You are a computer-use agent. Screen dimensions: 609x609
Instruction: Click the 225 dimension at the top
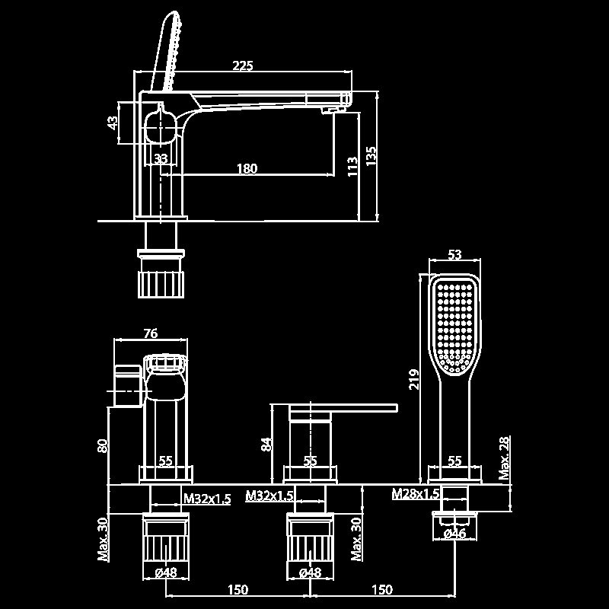tap(242, 66)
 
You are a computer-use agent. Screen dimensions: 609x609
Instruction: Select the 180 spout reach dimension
tap(247, 169)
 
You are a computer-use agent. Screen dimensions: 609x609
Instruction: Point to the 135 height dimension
tap(371, 155)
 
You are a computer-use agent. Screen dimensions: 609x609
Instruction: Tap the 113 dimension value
tap(352, 165)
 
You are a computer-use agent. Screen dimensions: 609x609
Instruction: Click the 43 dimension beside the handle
tap(113, 122)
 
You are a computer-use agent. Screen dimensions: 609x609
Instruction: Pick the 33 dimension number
tap(161, 158)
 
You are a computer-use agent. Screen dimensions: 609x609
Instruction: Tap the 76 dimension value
tap(150, 333)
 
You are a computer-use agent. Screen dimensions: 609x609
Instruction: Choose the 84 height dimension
tap(266, 444)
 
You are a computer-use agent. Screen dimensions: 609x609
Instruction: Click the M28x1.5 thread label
tap(416, 494)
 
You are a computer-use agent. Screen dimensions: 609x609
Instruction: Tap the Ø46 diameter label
tap(454, 534)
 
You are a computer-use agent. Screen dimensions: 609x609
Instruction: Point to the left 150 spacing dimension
tap(238, 590)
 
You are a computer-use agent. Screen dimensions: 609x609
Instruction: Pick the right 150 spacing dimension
tap(381, 590)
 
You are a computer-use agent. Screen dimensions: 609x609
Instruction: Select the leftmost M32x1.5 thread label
tap(207, 498)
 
